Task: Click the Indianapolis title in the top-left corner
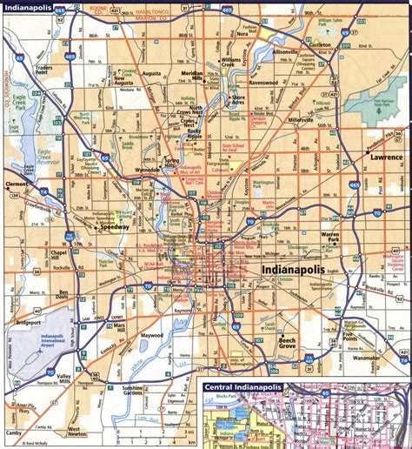click(28, 10)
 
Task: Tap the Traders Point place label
click(39, 70)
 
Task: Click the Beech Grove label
click(289, 341)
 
